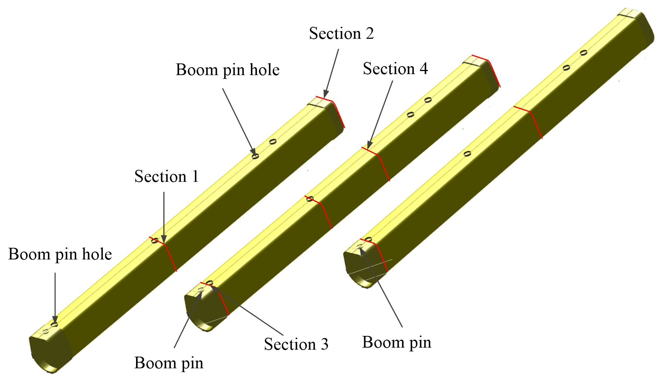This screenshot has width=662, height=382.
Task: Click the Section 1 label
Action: (166, 177)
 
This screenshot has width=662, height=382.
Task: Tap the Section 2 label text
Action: (341, 34)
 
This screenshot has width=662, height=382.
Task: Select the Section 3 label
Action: (296, 344)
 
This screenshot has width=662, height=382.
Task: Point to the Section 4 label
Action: (395, 69)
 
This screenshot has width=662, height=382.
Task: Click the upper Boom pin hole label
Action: (227, 70)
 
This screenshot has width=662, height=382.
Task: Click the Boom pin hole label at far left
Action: (60, 254)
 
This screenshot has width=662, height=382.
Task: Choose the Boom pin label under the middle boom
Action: (169, 363)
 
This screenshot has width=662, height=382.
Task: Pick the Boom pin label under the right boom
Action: (396, 342)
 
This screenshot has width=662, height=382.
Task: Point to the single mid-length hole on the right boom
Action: (467, 153)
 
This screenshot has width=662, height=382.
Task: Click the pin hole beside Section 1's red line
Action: (155, 240)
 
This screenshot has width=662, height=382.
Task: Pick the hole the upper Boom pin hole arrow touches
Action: (255, 156)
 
